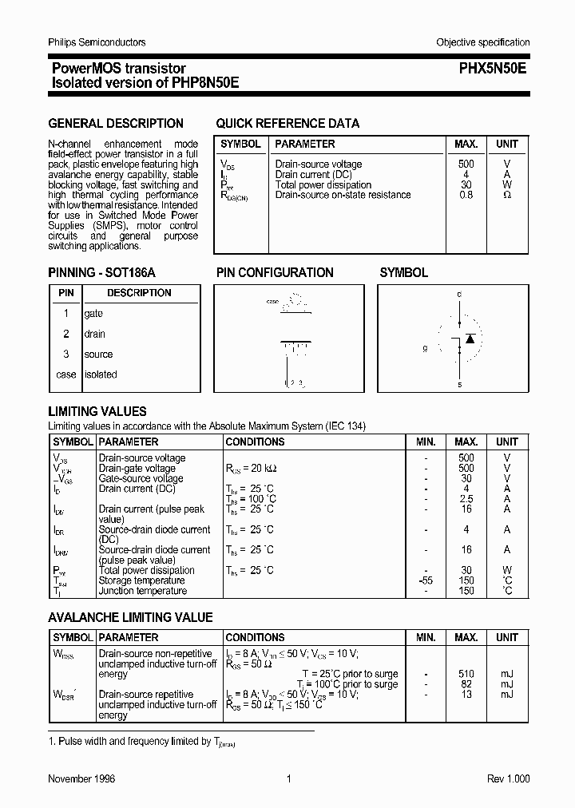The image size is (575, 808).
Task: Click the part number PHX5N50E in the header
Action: [493, 69]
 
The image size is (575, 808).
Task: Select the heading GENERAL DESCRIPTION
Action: [116, 124]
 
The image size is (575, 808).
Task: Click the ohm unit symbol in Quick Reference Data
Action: [506, 195]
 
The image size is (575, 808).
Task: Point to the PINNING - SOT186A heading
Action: [102, 273]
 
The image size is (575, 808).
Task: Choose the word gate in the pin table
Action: [93, 314]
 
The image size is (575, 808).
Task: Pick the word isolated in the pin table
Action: [101, 374]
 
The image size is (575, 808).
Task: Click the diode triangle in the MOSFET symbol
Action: [470, 339]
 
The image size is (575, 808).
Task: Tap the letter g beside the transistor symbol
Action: [426, 349]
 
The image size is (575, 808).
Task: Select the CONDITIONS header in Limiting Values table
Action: [255, 442]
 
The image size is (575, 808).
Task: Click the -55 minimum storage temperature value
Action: [426, 580]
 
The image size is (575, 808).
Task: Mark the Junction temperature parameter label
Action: [142, 591]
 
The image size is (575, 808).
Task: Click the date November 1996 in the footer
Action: [81, 778]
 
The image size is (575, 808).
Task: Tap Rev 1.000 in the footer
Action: [508, 778]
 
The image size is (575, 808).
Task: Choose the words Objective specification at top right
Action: [482, 42]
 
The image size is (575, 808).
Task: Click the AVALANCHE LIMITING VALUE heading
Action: [130, 618]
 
